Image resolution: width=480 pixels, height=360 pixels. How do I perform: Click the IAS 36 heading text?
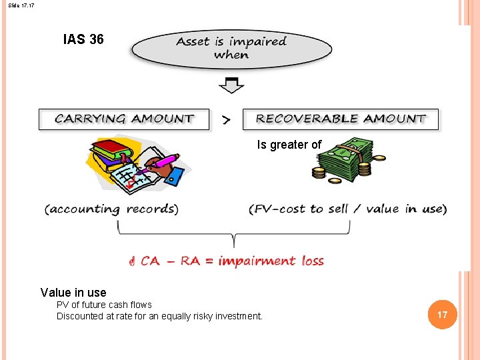pyautogui.click(x=83, y=39)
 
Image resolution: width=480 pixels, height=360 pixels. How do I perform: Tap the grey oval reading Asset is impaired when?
pyautogui.click(x=231, y=48)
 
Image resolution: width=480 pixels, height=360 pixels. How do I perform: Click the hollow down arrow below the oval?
pyautogui.click(x=231, y=85)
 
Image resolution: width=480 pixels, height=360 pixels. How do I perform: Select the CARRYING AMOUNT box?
pyautogui.click(x=124, y=119)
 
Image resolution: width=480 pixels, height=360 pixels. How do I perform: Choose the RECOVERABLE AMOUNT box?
pyautogui.click(x=340, y=119)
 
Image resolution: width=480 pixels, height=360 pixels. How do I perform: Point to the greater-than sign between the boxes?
pyautogui.click(x=227, y=120)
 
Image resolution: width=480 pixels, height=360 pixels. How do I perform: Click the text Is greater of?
pyautogui.click(x=289, y=145)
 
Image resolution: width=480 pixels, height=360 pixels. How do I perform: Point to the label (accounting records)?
pyautogui.click(x=111, y=209)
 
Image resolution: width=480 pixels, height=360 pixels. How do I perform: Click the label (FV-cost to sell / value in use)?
pyautogui.click(x=347, y=209)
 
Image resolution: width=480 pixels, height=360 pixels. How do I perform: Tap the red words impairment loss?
pyautogui.click(x=271, y=261)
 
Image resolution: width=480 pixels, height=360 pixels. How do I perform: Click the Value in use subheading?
pyautogui.click(x=73, y=293)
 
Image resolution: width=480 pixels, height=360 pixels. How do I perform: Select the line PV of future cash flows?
pyautogui.click(x=104, y=305)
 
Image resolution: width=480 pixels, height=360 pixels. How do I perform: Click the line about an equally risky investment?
pyautogui.click(x=159, y=316)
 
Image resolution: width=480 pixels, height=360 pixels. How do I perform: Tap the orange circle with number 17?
pyautogui.click(x=442, y=314)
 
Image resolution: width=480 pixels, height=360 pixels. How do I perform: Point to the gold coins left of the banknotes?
pyautogui.click(x=319, y=173)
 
